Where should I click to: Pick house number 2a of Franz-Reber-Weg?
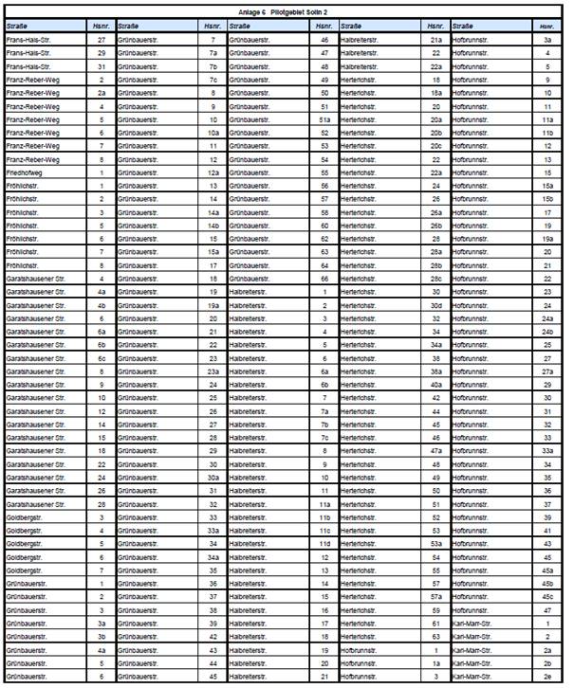(102, 93)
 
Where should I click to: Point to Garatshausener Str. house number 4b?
(102, 305)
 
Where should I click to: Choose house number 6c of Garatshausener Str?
(102, 358)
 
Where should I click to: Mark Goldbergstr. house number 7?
(102, 570)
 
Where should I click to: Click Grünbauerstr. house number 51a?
(324, 119)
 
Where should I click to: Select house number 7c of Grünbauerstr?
(213, 80)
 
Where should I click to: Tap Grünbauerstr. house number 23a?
(213, 371)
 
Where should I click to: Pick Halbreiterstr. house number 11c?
(324, 531)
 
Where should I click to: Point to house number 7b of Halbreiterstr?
(324, 425)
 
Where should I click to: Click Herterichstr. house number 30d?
(436, 305)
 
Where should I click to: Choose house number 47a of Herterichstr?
(436, 451)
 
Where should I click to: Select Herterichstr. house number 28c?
(436, 279)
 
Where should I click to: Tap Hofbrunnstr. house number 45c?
(547, 597)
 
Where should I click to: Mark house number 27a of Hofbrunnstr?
(547, 371)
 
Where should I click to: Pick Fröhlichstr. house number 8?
(102, 265)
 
